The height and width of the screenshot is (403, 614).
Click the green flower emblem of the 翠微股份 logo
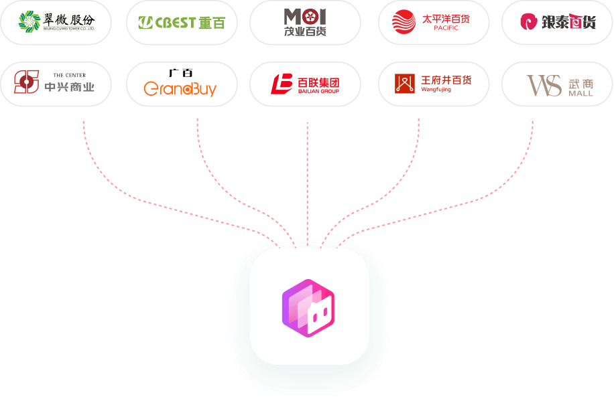[29, 21]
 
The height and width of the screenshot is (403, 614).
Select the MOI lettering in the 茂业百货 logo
[304, 16]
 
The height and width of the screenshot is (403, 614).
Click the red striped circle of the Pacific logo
[404, 22]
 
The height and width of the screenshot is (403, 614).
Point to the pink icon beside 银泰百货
[531, 22]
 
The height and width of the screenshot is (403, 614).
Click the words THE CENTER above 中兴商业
[69, 75]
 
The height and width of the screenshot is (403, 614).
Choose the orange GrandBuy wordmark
[180, 88]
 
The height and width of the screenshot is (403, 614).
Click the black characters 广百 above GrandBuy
[181, 73]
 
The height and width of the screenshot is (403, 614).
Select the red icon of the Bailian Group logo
[282, 84]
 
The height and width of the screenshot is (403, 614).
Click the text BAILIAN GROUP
[318, 91]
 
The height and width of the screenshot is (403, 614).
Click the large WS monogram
[544, 85]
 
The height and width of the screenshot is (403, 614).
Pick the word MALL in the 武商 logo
[580, 93]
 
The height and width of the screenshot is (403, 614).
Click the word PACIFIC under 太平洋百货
[446, 28]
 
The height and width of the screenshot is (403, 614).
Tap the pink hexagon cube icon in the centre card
[308, 307]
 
